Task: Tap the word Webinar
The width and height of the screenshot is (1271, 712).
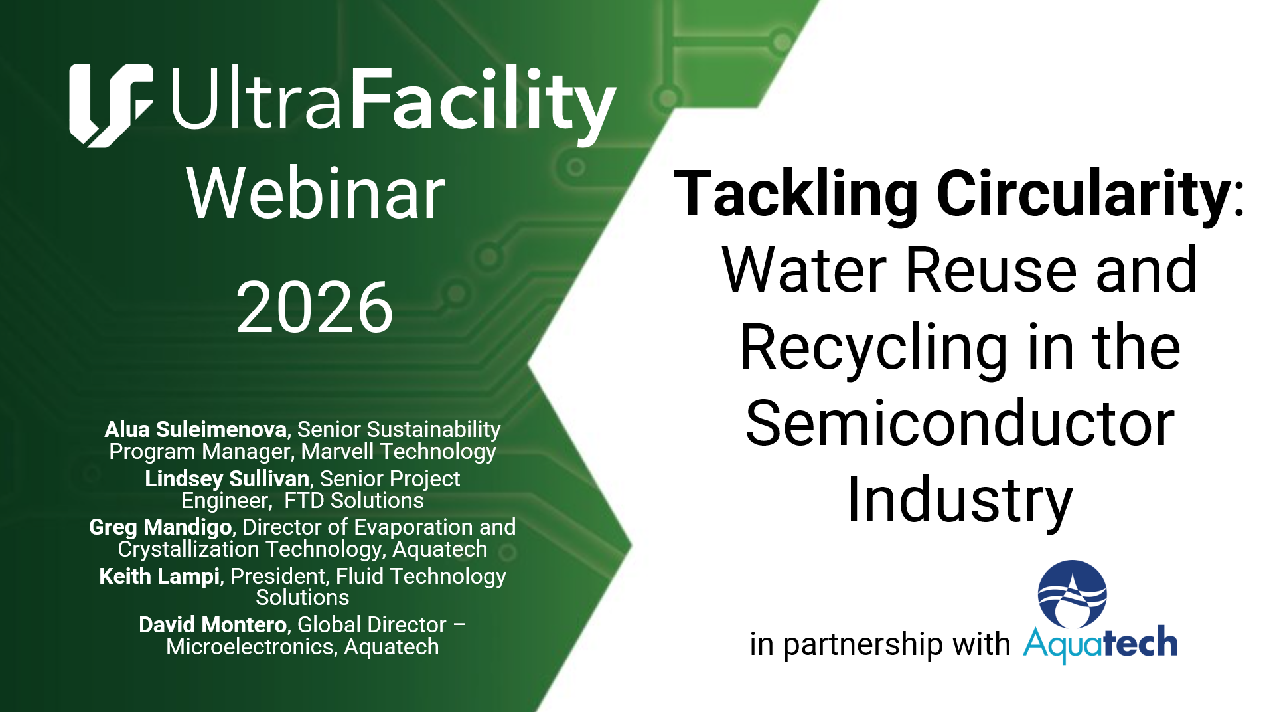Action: click(315, 193)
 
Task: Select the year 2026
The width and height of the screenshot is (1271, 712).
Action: click(315, 307)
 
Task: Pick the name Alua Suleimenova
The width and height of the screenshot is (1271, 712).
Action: click(196, 430)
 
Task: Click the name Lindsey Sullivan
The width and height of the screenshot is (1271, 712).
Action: click(227, 479)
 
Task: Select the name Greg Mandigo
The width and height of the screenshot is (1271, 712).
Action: click(161, 527)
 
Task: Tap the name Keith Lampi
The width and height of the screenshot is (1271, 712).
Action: click(159, 576)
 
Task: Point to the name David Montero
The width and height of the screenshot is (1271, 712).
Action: click(213, 625)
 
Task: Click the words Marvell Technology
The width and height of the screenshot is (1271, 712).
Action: click(398, 452)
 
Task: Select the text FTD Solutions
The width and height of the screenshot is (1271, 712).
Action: click(354, 501)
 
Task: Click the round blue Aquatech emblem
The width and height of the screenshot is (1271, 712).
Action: click(1072, 594)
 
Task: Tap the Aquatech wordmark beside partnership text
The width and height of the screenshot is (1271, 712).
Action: click(1100, 644)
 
